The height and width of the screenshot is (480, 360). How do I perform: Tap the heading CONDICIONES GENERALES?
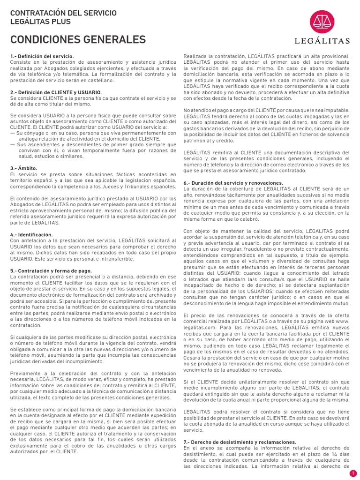(78, 39)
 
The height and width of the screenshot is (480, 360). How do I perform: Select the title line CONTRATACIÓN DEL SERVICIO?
(63, 13)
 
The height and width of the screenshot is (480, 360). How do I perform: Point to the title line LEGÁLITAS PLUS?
(40, 22)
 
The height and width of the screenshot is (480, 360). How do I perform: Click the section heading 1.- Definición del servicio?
(42, 56)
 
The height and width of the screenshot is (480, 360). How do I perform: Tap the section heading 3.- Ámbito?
(23, 168)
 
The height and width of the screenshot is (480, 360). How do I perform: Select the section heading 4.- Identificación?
(31, 234)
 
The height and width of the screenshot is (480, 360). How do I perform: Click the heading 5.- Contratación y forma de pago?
(51, 271)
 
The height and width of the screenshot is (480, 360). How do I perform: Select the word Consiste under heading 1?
(20, 62)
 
